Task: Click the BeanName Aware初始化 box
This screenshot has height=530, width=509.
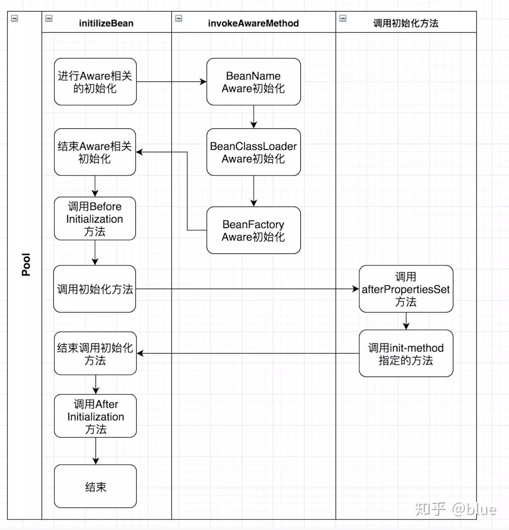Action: click(x=253, y=82)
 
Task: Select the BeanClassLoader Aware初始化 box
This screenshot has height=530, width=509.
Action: click(x=253, y=152)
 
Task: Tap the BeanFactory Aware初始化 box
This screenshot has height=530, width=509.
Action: click(x=253, y=230)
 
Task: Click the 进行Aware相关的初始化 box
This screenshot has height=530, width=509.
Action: click(x=95, y=82)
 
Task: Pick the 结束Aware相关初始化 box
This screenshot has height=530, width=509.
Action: click(x=95, y=152)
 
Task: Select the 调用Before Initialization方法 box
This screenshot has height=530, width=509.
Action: click(x=95, y=218)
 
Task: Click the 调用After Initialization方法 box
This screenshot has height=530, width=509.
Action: click(x=95, y=416)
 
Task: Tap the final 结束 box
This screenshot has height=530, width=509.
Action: click(x=95, y=486)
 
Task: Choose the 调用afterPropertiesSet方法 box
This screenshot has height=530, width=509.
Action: click(x=406, y=289)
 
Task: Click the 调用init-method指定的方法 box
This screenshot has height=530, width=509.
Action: click(x=406, y=354)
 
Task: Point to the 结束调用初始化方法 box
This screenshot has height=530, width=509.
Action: click(x=95, y=354)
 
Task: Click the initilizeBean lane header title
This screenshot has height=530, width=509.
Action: click(x=106, y=23)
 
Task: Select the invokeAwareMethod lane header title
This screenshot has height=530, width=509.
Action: click(x=253, y=23)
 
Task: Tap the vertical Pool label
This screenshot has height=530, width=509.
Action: click(x=26, y=265)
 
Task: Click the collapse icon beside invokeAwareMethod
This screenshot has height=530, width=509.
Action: click(x=179, y=19)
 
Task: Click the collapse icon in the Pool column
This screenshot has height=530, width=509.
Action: click(x=14, y=19)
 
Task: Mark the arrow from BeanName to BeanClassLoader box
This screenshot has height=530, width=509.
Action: click(x=254, y=117)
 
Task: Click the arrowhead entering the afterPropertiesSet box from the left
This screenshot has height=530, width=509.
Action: click(x=355, y=289)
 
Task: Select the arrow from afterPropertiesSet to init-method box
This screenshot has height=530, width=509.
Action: click(x=406, y=321)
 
